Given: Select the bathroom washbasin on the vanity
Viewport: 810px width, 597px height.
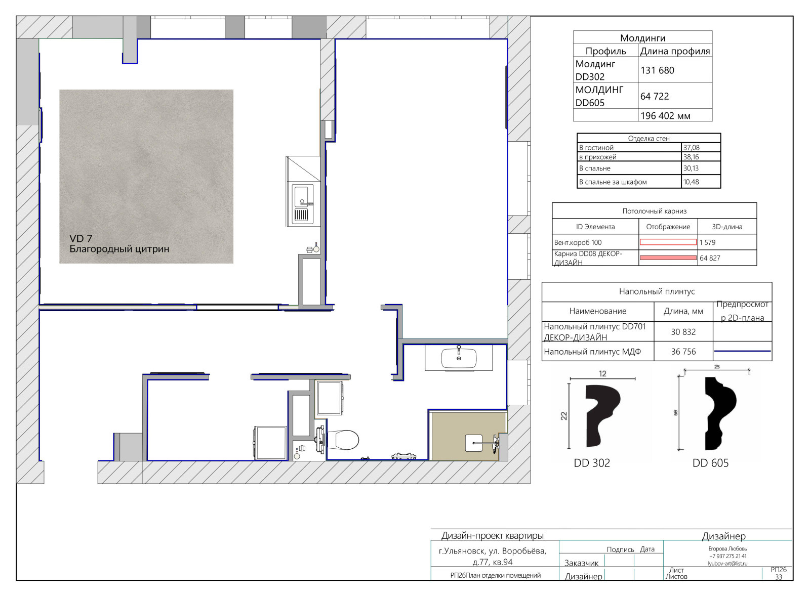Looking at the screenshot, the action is click(459, 358).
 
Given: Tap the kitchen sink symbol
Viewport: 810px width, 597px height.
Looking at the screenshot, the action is click(303, 204).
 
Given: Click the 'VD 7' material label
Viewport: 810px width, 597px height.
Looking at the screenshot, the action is click(80, 238).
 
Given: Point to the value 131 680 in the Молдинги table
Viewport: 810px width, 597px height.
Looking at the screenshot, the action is click(658, 70).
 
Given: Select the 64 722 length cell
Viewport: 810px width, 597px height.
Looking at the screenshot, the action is click(655, 96).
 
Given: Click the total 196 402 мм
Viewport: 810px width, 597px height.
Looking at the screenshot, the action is click(665, 116).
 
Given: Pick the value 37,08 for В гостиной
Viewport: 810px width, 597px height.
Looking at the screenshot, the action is click(691, 147).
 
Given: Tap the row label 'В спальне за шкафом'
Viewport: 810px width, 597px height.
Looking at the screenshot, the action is click(613, 182).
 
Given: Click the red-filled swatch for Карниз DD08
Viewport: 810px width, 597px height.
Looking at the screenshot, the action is click(668, 258).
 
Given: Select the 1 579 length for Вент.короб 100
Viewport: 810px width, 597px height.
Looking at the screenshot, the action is click(708, 242).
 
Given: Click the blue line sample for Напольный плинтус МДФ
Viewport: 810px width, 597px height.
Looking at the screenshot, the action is click(742, 351).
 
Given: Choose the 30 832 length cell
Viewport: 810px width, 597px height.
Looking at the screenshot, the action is click(683, 332).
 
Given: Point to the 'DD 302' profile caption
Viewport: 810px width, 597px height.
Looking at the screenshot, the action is click(592, 463).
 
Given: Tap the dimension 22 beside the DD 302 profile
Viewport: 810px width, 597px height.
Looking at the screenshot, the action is click(564, 416).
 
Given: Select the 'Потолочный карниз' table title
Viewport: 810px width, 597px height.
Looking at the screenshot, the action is click(655, 211).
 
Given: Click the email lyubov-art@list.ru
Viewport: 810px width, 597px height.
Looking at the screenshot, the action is click(727, 564).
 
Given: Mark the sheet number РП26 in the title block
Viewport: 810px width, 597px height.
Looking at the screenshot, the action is click(779, 570).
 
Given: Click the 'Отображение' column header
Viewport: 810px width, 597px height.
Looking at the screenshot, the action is click(668, 227).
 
